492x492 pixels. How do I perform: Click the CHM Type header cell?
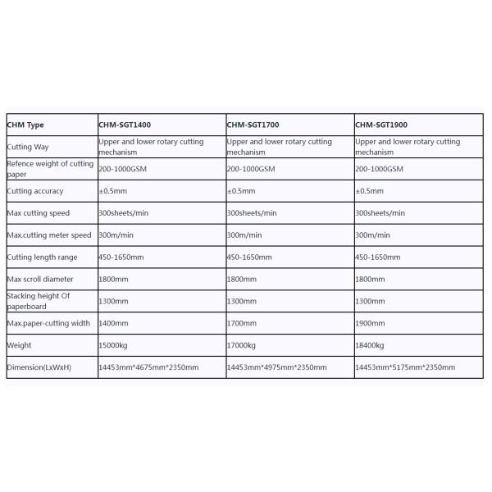[25, 125]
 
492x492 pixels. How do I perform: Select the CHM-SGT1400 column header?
[125, 125]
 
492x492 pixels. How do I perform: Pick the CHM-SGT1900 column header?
[381, 125]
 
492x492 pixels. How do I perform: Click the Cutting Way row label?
[28, 147]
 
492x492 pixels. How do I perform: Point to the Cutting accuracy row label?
[35, 191]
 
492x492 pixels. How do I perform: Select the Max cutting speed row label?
[38, 213]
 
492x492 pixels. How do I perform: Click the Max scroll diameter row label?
[40, 279]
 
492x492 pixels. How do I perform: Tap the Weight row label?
[19, 345]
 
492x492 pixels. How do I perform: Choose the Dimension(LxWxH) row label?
[39, 367]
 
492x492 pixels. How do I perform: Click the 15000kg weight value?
[114, 345]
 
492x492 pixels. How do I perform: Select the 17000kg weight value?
[242, 345]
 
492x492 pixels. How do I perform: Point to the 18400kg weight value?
[371, 345]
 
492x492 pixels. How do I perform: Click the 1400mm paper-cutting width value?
[113, 323]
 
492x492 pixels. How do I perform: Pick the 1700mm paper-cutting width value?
[241, 323]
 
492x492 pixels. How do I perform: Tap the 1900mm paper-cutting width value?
[370, 323]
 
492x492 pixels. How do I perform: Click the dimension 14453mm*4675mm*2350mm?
[149, 367]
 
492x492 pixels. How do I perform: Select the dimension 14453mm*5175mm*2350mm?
[406, 367]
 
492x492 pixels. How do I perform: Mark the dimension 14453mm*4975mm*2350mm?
[277, 367]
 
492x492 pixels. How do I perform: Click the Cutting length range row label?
[42, 257]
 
